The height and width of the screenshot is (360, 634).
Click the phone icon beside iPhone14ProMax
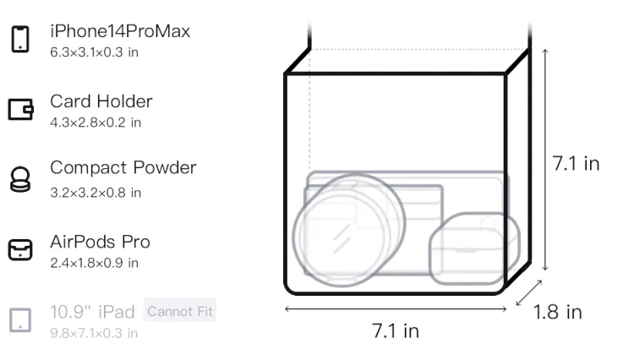(x=20, y=39)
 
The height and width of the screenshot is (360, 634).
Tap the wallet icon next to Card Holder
(x=20, y=109)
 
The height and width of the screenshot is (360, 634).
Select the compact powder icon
(x=20, y=179)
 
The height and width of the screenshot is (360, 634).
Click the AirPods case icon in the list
(x=20, y=249)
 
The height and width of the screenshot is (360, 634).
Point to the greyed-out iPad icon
(x=20, y=320)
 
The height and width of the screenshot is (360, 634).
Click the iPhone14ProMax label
(x=120, y=31)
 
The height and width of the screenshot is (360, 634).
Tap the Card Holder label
(x=101, y=101)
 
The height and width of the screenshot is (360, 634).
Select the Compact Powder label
(x=123, y=167)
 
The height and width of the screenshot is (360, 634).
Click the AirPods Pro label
(x=101, y=242)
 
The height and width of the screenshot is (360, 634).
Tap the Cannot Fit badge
(x=180, y=311)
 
